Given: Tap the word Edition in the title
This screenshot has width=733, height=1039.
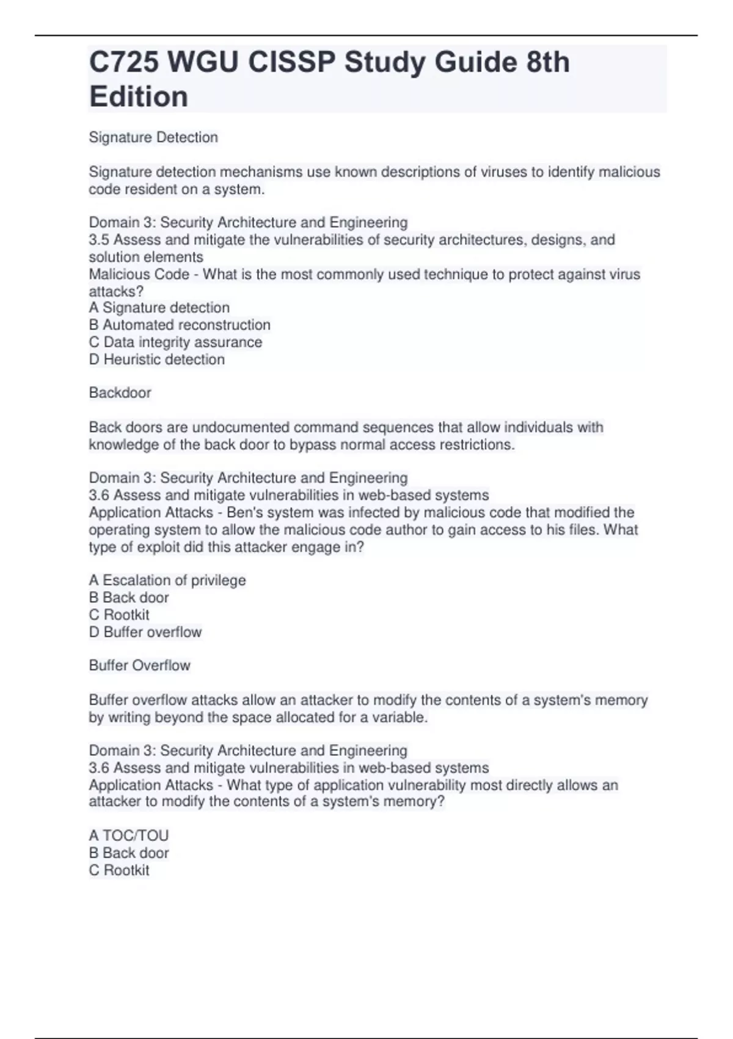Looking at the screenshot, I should point(139,97).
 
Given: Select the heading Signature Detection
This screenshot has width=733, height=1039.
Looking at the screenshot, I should point(153,138).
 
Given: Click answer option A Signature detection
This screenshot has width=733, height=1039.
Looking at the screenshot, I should point(159,308).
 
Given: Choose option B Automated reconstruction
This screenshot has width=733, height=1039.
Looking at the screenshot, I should point(180,325).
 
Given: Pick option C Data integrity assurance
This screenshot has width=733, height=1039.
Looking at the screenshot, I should point(175,342).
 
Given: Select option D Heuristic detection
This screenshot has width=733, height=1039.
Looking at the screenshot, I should point(157,359).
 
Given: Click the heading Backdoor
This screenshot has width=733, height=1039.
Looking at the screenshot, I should point(120,393).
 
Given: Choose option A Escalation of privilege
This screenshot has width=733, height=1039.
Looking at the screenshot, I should point(167,581).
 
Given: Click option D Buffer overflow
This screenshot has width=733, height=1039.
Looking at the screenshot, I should point(145,632).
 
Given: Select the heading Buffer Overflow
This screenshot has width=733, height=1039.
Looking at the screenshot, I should point(139,666).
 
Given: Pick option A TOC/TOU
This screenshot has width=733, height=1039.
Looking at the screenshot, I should point(128,835).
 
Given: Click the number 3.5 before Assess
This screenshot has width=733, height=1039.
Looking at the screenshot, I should point(99,240).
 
